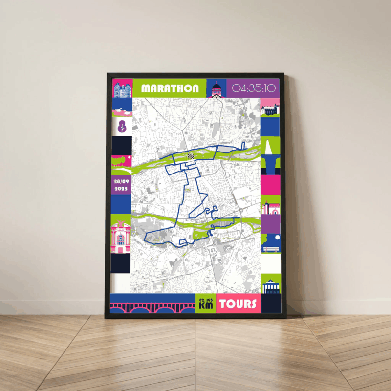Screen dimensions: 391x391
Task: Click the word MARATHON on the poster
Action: [x=170, y=88]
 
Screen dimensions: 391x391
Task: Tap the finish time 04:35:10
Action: [x=254, y=88]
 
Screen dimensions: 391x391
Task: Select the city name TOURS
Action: [x=238, y=304]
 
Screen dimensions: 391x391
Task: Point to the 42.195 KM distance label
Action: [x=205, y=304]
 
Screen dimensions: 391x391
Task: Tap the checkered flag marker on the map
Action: [x=191, y=155]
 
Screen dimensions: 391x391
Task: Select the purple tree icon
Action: [x=122, y=126]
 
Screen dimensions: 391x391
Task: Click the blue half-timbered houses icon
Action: [x=121, y=89]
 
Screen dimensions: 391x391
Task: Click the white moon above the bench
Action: [x=277, y=237]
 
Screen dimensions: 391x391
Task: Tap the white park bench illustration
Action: [x=270, y=248]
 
